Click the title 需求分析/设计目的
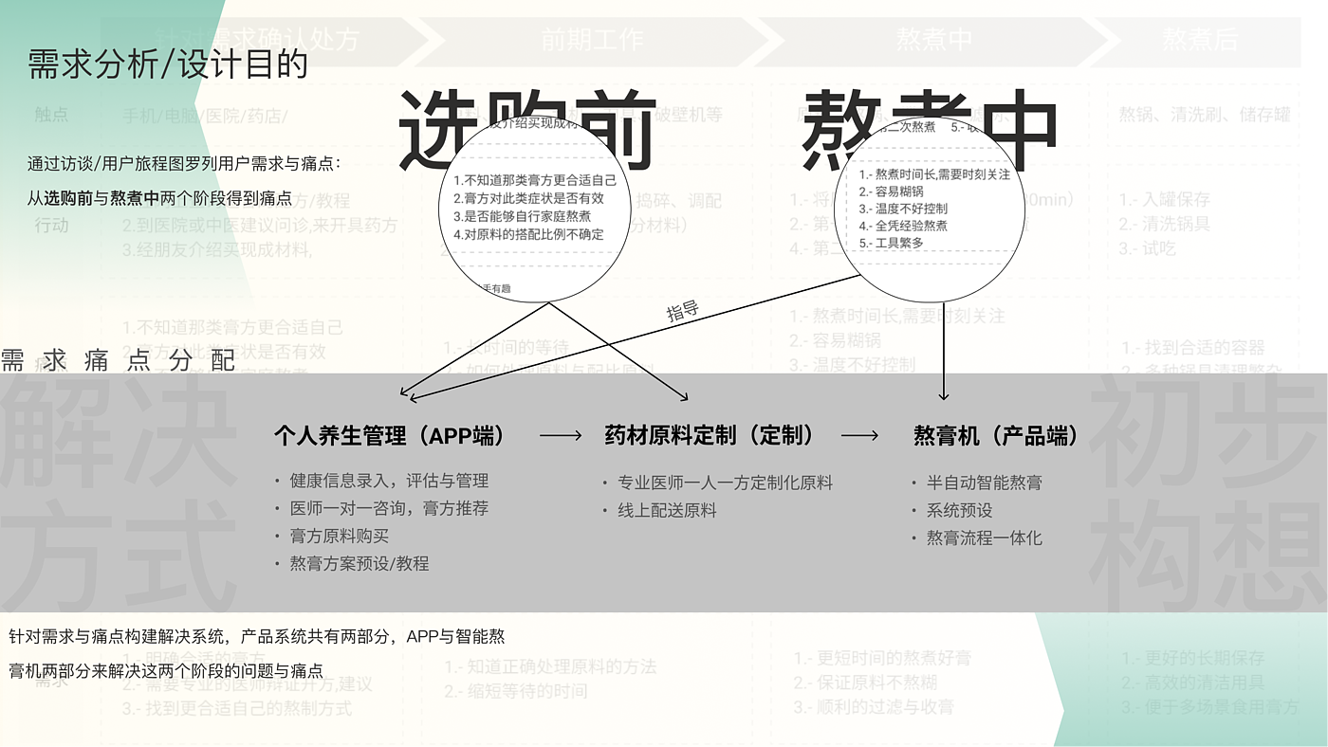coord(168,64)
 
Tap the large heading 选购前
coord(526,130)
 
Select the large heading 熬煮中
coord(930,130)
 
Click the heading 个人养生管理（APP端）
coord(390,436)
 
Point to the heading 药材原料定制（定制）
coord(710,436)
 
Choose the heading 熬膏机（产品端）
coord(996,436)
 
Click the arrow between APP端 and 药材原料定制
coord(561,436)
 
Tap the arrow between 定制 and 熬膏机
coord(859,436)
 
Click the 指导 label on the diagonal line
coord(682,310)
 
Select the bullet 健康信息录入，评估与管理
coord(389,481)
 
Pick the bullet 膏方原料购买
coord(340,536)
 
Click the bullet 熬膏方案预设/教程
coord(360,563)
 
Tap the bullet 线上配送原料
coord(667,510)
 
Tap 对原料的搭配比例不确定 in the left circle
coord(528,234)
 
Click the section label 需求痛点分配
coord(118,360)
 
